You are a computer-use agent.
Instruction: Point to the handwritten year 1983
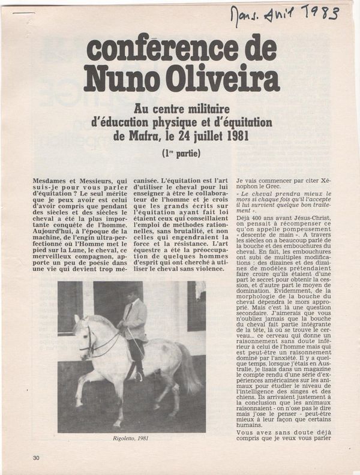click(x=319, y=11)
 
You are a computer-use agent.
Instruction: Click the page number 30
click(x=37, y=458)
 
